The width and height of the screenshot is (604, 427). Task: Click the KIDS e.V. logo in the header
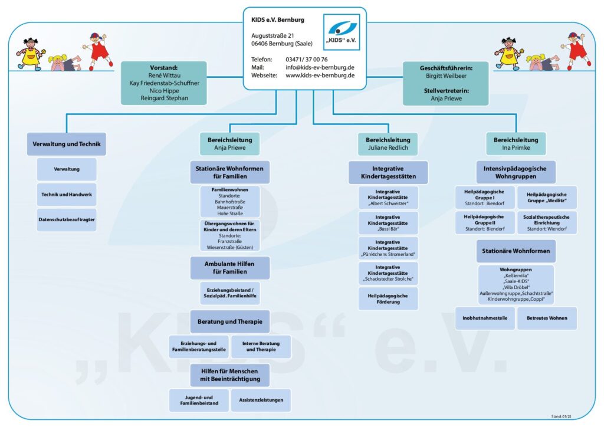point(342,32)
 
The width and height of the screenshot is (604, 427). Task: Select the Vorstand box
point(164,83)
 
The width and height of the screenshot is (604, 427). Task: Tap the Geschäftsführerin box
point(446,83)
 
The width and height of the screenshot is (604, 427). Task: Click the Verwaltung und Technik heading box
point(66,144)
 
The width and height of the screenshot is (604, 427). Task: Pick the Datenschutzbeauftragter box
point(67,220)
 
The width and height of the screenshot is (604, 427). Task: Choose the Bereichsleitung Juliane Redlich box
point(388,144)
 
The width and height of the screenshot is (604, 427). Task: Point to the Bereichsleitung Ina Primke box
point(516,144)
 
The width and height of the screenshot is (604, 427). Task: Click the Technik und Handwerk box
point(67,195)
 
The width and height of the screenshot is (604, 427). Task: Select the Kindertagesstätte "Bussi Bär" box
point(388,223)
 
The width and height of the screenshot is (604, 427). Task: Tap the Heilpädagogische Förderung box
point(388,299)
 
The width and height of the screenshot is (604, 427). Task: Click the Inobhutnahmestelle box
point(485,318)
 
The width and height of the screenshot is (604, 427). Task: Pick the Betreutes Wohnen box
point(547,318)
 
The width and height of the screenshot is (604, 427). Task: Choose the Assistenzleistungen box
point(261,400)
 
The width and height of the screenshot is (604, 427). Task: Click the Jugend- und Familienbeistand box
point(199,400)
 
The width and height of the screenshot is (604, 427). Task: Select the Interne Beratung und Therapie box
point(261,347)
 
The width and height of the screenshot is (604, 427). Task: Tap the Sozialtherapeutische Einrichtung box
point(547,222)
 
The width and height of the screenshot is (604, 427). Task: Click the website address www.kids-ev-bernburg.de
point(320,75)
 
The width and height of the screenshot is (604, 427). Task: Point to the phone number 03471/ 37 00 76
point(307,60)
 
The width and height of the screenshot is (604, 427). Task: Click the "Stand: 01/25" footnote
point(562,416)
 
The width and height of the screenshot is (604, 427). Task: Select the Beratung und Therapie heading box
point(230,321)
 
